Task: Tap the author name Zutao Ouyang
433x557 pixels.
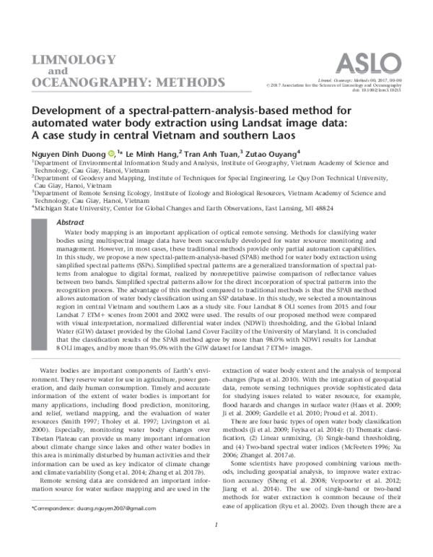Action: click(x=274, y=154)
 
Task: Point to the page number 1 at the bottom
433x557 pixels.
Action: click(x=216, y=545)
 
